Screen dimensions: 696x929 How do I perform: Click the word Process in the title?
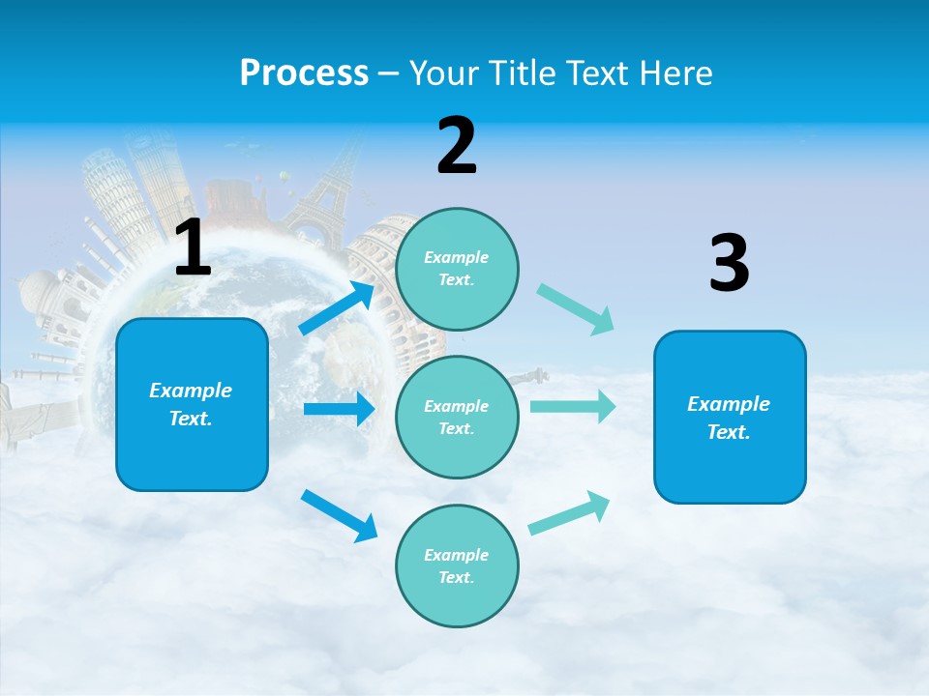[x=304, y=73]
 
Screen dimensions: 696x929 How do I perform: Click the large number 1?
[x=193, y=248]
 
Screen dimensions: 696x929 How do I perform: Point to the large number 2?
[x=457, y=146]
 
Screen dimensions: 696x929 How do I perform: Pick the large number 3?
[x=729, y=263]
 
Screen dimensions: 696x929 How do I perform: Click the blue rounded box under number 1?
[x=192, y=404]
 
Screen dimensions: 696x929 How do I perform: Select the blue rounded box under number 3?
[x=730, y=417]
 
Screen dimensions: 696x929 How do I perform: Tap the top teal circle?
[x=457, y=269]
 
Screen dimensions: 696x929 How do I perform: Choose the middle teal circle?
[x=457, y=417]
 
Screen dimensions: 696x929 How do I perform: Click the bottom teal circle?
[x=457, y=565]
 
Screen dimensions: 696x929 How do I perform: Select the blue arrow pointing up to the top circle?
[x=338, y=308]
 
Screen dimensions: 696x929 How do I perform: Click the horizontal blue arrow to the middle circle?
[x=339, y=409]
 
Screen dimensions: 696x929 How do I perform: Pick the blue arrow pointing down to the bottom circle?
[x=339, y=514]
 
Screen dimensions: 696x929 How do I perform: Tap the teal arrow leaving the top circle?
[x=576, y=309]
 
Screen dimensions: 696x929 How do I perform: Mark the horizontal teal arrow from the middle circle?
[x=572, y=406]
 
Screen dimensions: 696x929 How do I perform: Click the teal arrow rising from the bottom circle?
[x=569, y=513]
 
